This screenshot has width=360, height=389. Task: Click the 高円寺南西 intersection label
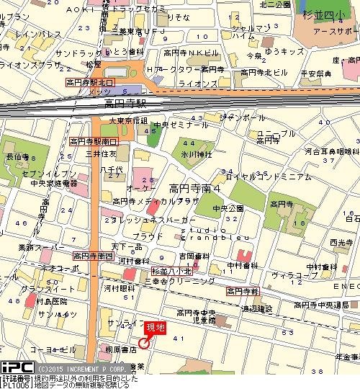click(94, 255)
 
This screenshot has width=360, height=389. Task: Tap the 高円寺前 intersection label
click(242, 291)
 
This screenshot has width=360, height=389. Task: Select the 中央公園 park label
click(228, 209)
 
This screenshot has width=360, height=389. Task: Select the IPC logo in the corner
click(14, 366)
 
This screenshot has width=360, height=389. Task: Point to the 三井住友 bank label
click(102, 153)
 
